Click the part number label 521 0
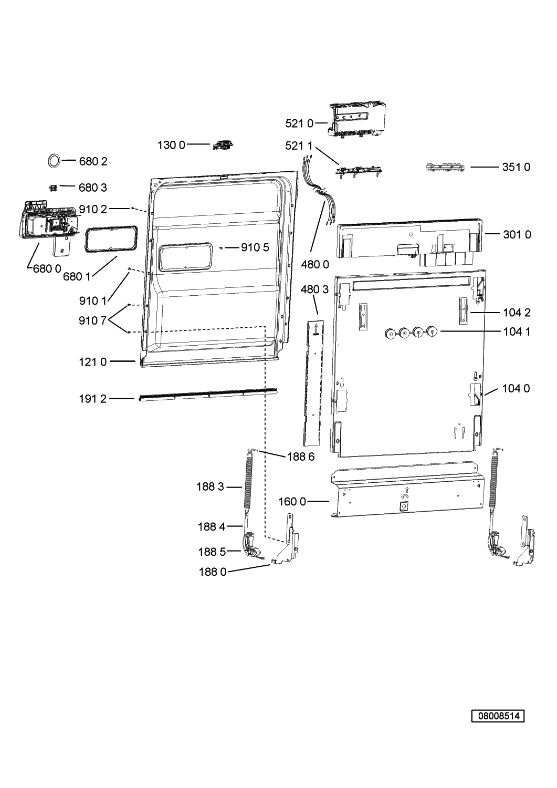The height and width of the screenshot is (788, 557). [x=299, y=123]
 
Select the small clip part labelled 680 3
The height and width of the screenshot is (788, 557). [x=53, y=188]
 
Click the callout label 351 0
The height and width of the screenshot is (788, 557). [x=516, y=167]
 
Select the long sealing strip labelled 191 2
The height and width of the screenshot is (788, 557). [x=208, y=395]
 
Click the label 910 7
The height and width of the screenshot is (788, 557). [x=92, y=320]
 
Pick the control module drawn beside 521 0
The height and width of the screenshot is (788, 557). [x=356, y=120]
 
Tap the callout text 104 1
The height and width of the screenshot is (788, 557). [x=517, y=331]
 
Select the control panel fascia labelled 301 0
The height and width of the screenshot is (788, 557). [x=409, y=242]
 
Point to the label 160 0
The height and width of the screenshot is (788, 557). [x=292, y=502]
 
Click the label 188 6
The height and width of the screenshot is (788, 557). [x=301, y=457]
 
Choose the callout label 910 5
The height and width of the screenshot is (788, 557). [x=255, y=247]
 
